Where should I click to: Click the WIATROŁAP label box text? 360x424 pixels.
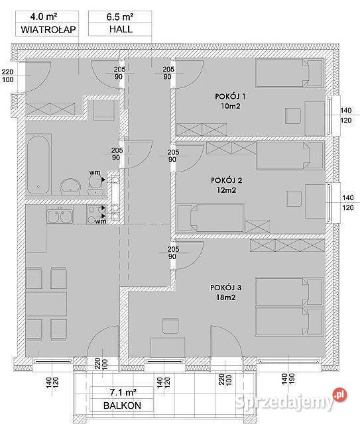(48, 29)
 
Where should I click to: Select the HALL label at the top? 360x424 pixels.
(121, 29)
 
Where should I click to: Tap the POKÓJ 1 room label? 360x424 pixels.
(230, 96)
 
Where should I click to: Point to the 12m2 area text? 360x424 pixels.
(226, 190)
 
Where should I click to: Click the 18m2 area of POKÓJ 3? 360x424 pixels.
(225, 297)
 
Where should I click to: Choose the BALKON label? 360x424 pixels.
(122, 405)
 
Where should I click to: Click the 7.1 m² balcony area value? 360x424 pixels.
(123, 392)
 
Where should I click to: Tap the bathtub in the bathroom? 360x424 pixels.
(38, 164)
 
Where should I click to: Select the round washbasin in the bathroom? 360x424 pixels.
(70, 186)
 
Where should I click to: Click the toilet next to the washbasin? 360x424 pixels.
(95, 185)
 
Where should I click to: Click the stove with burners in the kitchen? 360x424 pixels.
(96, 215)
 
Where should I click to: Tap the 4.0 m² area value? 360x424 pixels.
(44, 17)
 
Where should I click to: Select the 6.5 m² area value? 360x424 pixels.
(119, 17)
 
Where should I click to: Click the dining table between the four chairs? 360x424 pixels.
(46, 303)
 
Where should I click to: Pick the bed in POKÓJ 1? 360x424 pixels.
(290, 73)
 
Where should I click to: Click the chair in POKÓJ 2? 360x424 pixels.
(294, 199)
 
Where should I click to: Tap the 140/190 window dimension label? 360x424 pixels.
(288, 379)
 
